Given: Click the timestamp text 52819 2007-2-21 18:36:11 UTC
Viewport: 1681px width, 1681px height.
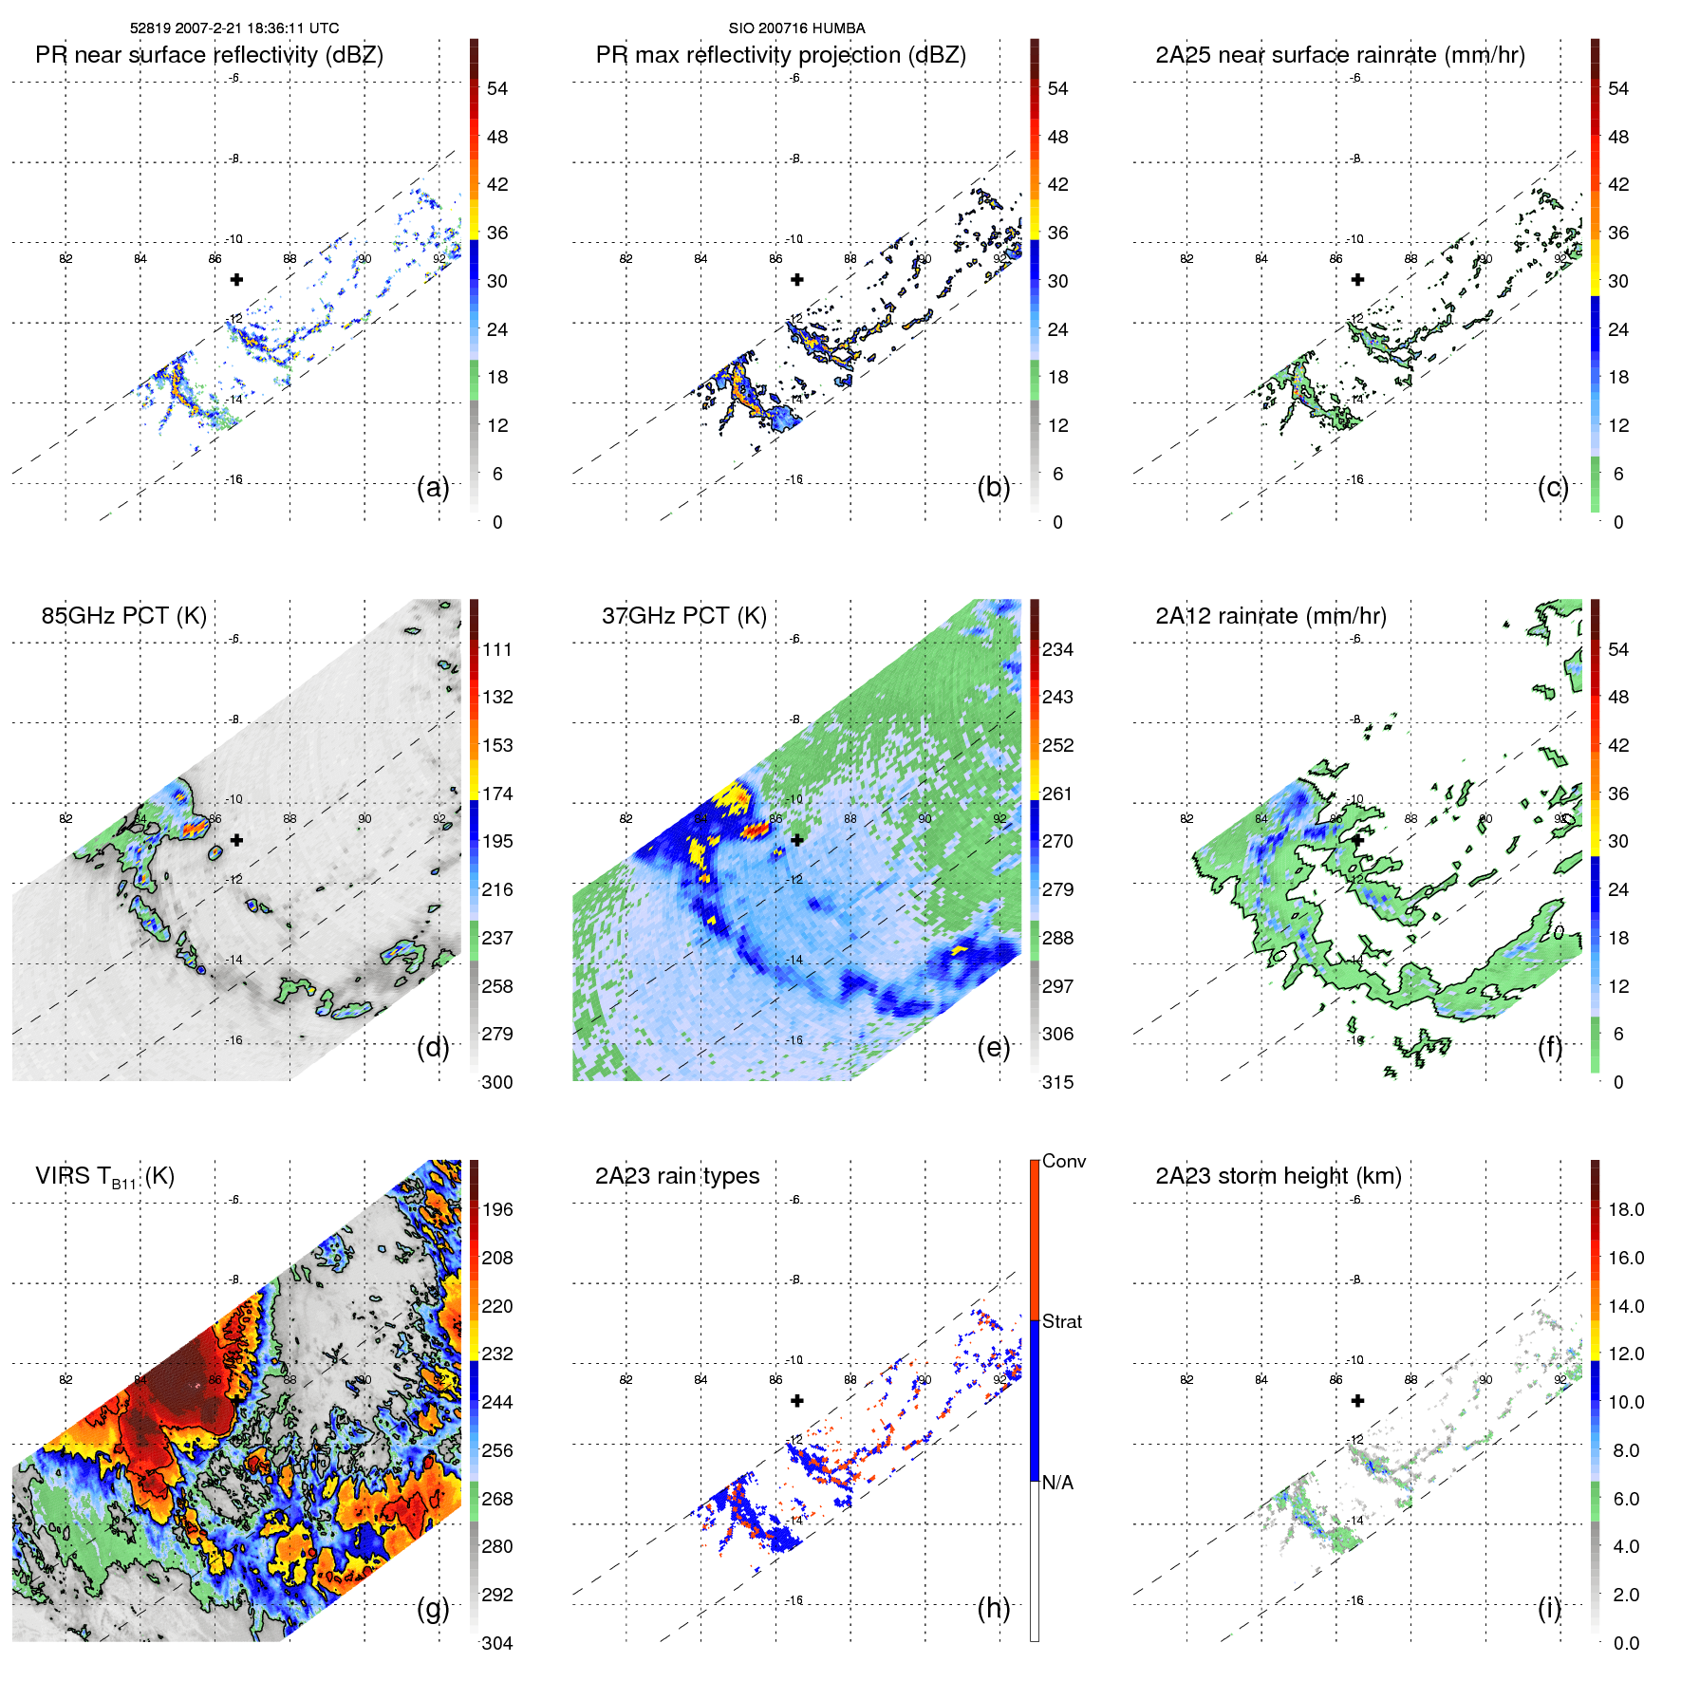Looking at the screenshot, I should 234,28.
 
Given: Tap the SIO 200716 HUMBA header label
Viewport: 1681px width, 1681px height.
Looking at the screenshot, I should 796,28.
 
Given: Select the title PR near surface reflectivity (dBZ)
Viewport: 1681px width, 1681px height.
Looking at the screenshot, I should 209,55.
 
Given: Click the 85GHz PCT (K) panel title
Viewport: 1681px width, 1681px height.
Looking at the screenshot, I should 123,615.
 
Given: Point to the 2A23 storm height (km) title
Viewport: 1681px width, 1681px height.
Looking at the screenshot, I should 1278,1176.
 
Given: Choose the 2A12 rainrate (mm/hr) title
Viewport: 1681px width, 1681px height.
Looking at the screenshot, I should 1270,615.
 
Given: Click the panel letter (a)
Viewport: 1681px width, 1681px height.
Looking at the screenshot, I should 433,487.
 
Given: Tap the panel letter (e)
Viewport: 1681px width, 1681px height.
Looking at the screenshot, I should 993,1047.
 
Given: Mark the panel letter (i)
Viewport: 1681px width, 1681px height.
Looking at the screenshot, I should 1549,1608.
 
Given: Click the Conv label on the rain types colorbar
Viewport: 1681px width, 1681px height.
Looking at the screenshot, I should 1063,1161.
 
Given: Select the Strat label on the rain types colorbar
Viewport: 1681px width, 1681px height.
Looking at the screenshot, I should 1061,1321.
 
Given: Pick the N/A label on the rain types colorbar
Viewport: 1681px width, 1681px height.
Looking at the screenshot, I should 1057,1483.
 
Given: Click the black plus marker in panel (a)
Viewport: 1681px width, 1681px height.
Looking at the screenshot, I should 236,279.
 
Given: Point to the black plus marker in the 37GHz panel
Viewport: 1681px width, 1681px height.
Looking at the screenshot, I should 797,840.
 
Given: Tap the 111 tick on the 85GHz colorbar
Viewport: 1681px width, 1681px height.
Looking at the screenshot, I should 497,649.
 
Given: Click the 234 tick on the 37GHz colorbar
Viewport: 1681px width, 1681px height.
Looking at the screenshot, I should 1057,649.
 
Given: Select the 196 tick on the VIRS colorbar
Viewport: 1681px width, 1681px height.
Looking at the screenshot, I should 497,1209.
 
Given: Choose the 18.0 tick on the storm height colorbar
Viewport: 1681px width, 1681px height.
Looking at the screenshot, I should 1625,1209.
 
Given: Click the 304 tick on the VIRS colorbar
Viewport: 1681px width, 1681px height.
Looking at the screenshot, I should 497,1643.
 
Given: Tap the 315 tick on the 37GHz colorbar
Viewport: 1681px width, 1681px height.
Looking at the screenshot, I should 1057,1082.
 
